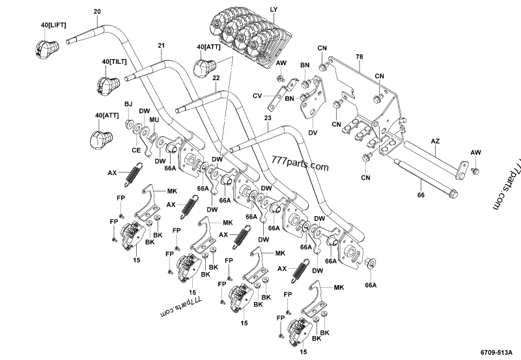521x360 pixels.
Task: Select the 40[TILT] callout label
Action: [x=115, y=61]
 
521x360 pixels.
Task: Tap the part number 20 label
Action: [x=97, y=12]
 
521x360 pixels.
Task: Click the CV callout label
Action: [x=257, y=96]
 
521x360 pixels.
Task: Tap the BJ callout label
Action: [x=128, y=104]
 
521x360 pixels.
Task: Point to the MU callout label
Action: [x=154, y=120]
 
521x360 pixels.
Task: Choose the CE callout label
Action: [x=136, y=150]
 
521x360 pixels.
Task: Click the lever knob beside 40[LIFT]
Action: [x=46, y=48]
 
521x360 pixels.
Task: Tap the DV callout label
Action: [x=313, y=132]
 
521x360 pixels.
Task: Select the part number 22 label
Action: [x=216, y=78]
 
